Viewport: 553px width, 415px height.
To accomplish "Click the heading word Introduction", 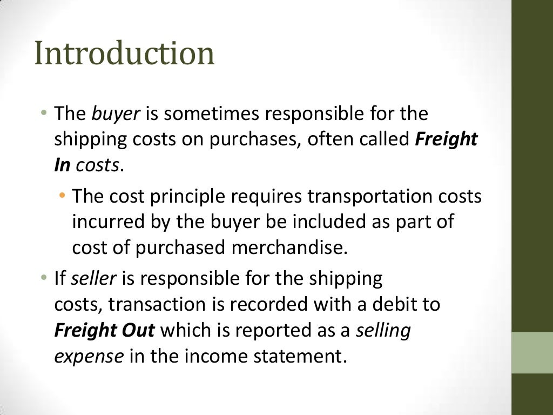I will click(x=124, y=54).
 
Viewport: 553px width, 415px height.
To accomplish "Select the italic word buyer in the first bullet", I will click(x=116, y=114).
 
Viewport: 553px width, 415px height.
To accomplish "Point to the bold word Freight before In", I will click(x=446, y=140).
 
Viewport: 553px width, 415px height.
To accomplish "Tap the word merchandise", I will click(x=288, y=247).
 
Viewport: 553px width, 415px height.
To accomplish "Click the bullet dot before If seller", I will click(x=44, y=278).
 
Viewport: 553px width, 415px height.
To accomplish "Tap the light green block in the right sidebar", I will click(x=532, y=352).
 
